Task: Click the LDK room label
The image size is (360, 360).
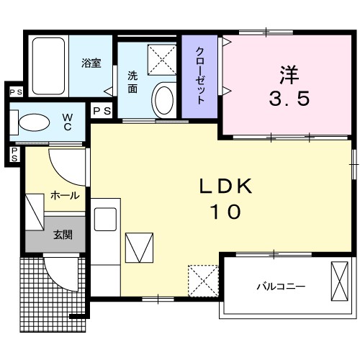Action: pos(225,187)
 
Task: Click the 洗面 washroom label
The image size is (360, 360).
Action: pos(133,81)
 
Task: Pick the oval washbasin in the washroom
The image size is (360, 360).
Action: pos(164,99)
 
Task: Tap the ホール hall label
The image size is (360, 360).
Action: pos(63,194)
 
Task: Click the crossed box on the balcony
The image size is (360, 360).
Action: pos(340,281)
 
